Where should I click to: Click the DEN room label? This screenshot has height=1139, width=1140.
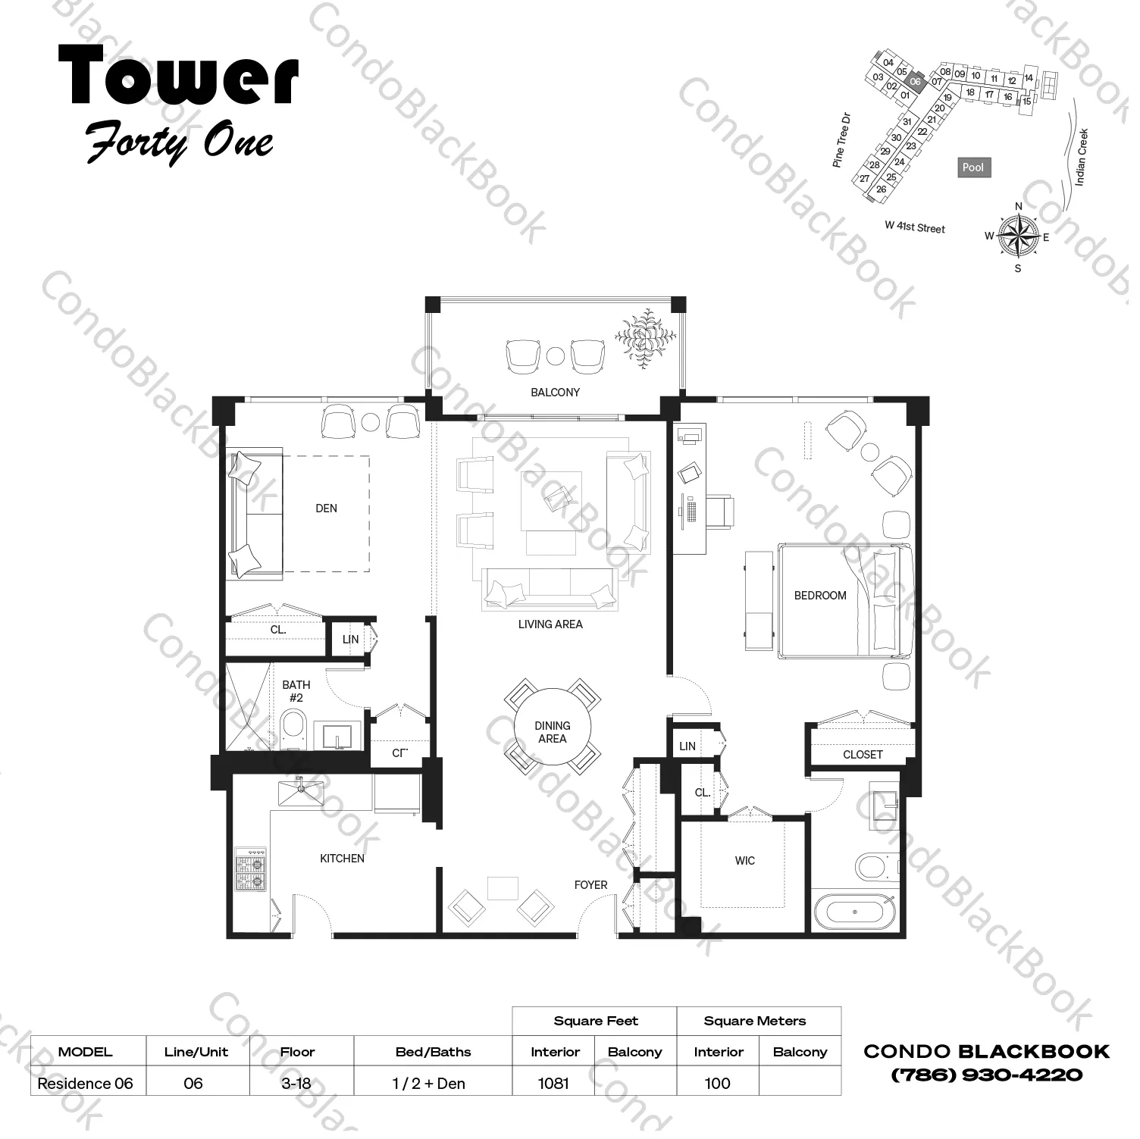(326, 508)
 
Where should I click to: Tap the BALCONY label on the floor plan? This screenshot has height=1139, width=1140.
(555, 393)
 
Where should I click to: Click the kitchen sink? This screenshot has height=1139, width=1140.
(301, 793)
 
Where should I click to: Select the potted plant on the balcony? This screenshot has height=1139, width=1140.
(645, 337)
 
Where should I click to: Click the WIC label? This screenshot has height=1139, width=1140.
(744, 861)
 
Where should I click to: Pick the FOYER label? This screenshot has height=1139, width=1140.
(590, 885)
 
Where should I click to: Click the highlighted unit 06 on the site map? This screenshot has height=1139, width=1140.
(915, 82)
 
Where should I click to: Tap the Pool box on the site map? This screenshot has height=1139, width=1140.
(973, 167)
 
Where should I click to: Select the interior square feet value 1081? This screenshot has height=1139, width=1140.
(553, 1084)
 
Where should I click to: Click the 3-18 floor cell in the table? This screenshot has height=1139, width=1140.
(296, 1084)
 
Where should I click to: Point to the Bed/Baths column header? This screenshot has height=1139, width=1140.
(433, 1052)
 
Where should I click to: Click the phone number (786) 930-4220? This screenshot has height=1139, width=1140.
(987, 1075)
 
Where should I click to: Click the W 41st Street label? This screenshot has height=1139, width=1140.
(915, 227)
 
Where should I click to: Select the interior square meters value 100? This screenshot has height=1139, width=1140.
(717, 1084)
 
